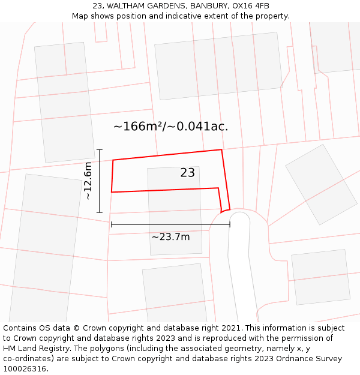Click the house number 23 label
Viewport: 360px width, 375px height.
187,173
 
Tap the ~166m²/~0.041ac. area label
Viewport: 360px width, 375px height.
170,127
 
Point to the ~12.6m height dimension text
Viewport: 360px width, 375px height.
88,181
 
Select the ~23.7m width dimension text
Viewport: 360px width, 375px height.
170,237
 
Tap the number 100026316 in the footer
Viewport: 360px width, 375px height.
25,369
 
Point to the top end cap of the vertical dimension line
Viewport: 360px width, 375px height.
100,149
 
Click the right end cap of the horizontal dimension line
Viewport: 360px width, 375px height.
230,224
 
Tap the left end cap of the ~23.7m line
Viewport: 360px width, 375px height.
112,224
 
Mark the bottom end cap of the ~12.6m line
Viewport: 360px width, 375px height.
100,212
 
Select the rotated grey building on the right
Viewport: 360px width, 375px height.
321,184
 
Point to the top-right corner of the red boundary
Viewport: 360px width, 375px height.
221,150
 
